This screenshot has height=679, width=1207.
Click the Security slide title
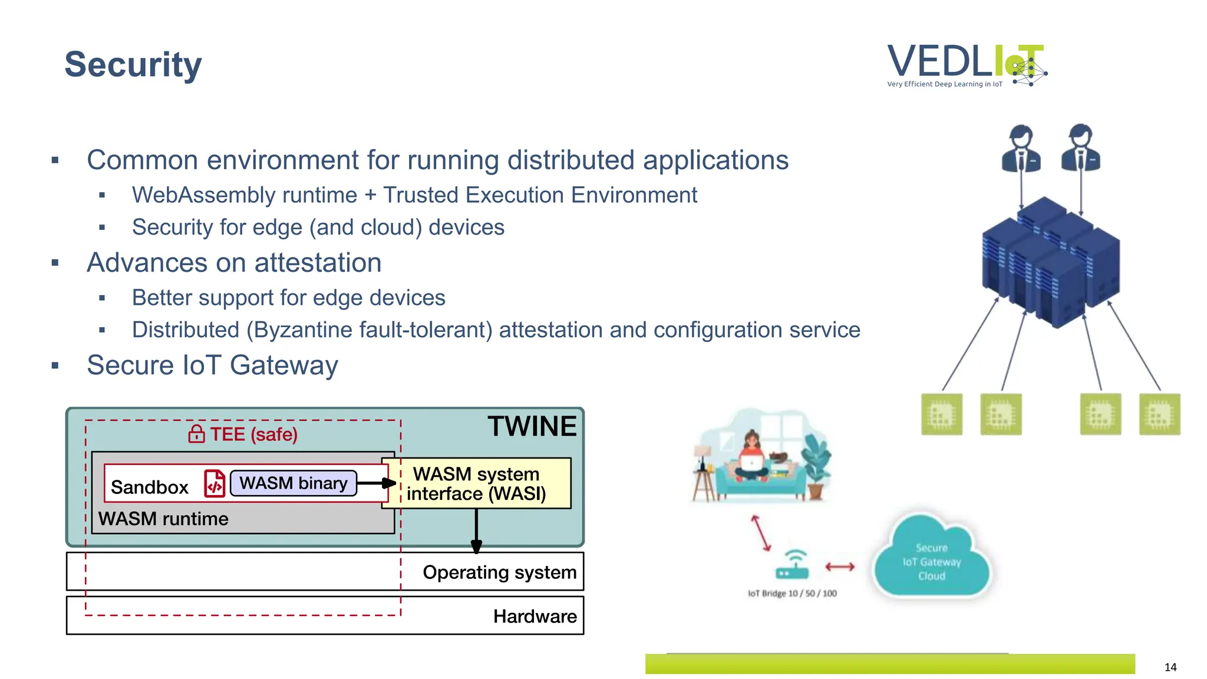pyautogui.click(x=133, y=64)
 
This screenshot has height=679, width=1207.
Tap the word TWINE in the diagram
pyautogui.click(x=532, y=426)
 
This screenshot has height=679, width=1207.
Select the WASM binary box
pyautogui.click(x=293, y=483)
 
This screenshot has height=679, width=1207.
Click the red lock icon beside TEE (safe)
pyautogui.click(x=196, y=434)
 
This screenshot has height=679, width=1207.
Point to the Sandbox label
pyautogui.click(x=149, y=487)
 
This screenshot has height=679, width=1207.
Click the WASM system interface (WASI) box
pyautogui.click(x=476, y=483)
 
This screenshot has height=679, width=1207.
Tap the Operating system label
pyautogui.click(x=499, y=572)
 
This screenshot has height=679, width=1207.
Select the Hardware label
pyautogui.click(x=535, y=616)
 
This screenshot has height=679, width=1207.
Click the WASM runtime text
pyautogui.click(x=163, y=519)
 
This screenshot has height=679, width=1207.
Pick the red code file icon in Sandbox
pyautogui.click(x=215, y=483)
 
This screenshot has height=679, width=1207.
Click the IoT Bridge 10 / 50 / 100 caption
pyautogui.click(x=792, y=593)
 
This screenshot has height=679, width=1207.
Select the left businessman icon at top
pyautogui.click(x=1021, y=149)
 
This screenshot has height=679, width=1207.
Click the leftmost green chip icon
pyautogui.click(x=941, y=414)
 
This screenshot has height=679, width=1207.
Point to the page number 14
pyautogui.click(x=1170, y=667)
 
